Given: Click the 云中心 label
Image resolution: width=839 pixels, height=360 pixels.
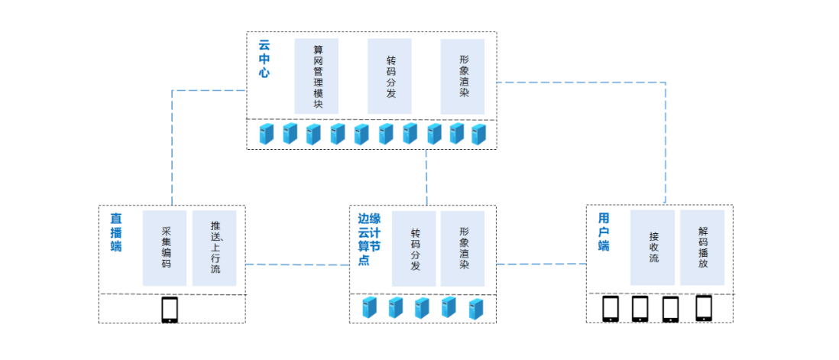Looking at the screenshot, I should [x=264, y=60].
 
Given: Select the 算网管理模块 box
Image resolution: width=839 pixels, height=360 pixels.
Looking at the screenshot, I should [x=316, y=76].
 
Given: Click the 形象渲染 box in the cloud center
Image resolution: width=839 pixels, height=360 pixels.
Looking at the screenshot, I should [x=463, y=76].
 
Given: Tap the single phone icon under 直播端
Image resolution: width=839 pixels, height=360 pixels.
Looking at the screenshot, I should [x=170, y=310].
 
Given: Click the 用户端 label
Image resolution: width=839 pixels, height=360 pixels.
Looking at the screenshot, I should [x=604, y=232].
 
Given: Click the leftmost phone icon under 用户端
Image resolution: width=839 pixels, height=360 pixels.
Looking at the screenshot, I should [x=611, y=309].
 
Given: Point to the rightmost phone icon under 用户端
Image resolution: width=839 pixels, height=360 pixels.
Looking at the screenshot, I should [x=703, y=308].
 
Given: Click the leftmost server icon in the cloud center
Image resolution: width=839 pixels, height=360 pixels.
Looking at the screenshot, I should [x=265, y=135].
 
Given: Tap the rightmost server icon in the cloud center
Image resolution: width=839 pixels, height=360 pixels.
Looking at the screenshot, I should [x=478, y=135].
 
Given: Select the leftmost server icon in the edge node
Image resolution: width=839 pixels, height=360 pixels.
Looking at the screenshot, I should [x=370, y=308].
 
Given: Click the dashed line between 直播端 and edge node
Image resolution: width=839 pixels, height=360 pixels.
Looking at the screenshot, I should [x=298, y=264].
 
